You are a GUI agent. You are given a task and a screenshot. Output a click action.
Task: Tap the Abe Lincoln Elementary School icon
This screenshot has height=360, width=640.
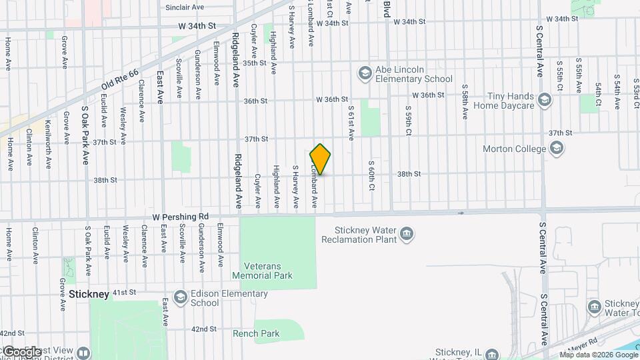click(x=364, y=73)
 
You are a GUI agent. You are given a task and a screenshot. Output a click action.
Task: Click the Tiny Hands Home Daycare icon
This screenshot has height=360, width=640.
click(x=544, y=101)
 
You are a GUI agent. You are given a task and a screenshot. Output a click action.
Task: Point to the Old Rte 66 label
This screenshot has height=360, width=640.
click(x=120, y=81)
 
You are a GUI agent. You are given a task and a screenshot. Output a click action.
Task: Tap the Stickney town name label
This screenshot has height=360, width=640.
click(x=89, y=293)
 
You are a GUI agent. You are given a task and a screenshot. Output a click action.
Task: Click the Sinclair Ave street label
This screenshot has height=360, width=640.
click(x=185, y=7)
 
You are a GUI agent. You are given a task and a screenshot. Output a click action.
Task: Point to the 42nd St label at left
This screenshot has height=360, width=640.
click(x=12, y=332)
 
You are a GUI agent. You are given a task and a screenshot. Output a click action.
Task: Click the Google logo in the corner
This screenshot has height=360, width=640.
click(x=22, y=351)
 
